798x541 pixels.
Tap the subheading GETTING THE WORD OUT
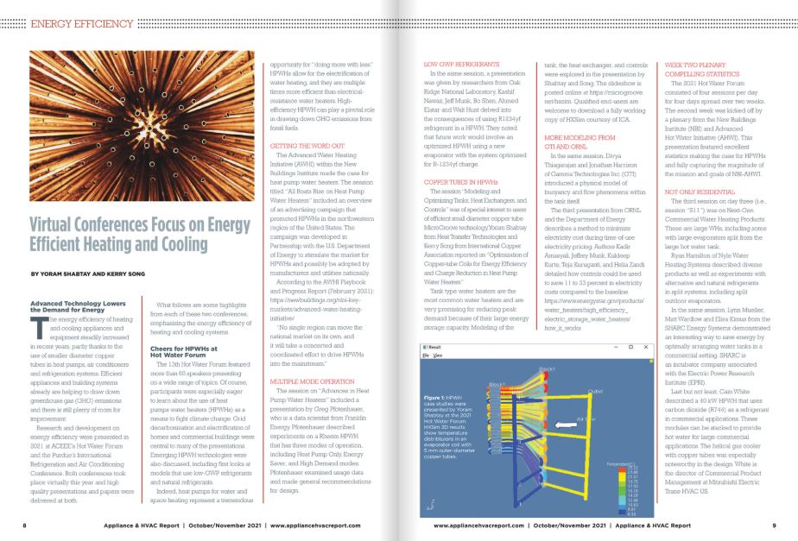point(306,148)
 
